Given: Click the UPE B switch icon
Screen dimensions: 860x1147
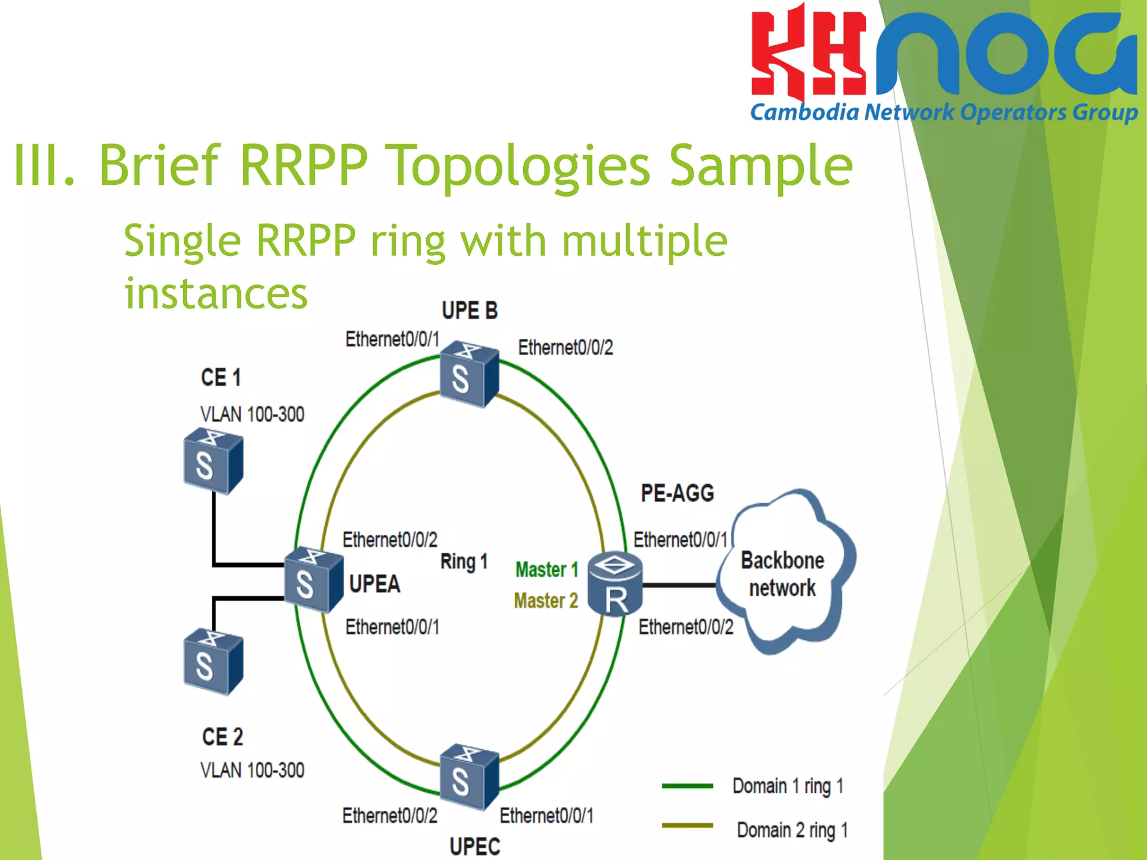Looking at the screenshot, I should click(469, 374).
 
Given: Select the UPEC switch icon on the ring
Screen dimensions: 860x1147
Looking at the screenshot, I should click(469, 777).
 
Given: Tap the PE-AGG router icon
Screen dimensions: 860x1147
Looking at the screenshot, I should click(615, 584).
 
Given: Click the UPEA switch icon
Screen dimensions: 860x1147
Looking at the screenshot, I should click(313, 579).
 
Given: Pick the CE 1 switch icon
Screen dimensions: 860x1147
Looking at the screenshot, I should click(213, 461).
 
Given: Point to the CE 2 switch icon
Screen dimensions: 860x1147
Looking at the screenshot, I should click(213, 662).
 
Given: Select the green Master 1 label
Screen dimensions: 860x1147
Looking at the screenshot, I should click(546, 569).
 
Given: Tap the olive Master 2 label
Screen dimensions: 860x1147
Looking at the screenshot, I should click(545, 601).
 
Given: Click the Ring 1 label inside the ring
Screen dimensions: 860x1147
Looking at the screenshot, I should click(464, 561).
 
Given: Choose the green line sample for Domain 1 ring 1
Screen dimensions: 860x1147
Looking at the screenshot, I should click(687, 786).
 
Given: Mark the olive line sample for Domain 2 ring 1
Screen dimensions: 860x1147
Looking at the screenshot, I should click(687, 825).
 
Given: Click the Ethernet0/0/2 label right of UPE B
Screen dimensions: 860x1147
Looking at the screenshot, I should click(565, 348).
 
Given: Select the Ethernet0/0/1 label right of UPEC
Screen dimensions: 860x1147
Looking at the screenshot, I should click(546, 816).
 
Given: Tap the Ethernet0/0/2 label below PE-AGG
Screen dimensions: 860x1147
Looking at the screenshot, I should click(686, 627).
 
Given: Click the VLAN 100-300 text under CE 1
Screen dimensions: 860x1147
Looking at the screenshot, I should click(252, 414).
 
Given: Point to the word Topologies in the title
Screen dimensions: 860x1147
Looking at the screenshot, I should click(518, 165).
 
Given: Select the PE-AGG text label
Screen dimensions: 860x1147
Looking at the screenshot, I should click(677, 493).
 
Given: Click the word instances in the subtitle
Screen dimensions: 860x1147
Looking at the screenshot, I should click(216, 293).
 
